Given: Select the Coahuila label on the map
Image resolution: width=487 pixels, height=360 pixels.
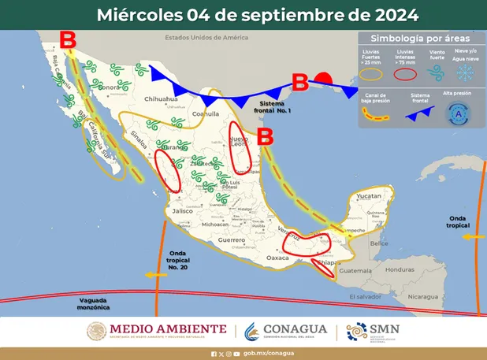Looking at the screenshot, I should click(x=204, y=113).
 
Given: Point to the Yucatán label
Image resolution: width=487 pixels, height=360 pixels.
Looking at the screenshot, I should click(x=368, y=195).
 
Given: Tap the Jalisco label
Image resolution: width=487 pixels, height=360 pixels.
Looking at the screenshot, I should click(x=183, y=211).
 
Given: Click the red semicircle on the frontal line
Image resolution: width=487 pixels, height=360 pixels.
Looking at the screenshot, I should click(x=322, y=79).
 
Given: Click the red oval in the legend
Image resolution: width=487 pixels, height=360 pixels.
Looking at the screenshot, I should click(x=405, y=74).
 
